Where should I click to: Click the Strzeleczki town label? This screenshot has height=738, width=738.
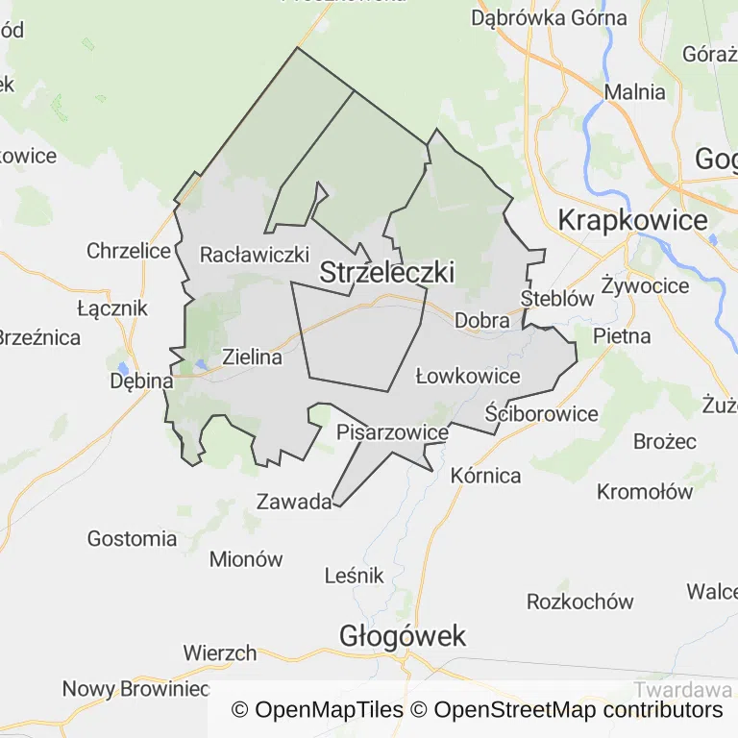tap(386, 272)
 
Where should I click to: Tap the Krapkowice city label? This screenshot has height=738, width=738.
tap(632, 220)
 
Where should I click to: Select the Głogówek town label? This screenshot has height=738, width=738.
tap(403, 635)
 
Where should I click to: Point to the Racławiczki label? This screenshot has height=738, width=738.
tap(254, 255)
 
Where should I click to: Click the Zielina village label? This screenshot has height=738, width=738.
tap(252, 357)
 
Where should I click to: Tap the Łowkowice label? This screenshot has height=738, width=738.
tap(468, 376)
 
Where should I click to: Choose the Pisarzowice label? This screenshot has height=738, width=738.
tap(392, 432)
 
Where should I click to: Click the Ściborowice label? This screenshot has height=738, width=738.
tap(541, 414)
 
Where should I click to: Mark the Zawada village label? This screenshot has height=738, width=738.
tap(294, 501)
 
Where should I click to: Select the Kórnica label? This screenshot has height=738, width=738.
tap(485, 475)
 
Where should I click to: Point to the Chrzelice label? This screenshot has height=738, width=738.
tap(129, 251)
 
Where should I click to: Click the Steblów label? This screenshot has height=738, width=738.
tap(557, 298)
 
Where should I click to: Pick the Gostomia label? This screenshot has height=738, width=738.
tap(133, 538)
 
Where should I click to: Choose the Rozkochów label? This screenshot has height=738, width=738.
tap(580, 602)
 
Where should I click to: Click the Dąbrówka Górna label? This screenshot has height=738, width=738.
tap(549, 17)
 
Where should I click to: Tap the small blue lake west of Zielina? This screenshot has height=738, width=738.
tap(199, 364)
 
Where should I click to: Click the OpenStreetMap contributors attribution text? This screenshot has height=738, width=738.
tap(578, 710)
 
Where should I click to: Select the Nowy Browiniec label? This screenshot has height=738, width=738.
tap(135, 689)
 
